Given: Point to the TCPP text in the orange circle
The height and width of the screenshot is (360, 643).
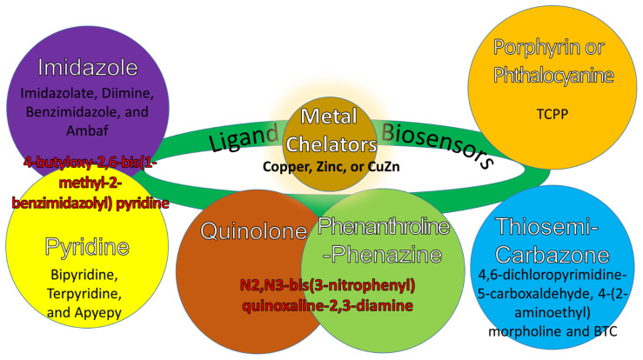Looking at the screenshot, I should pos(553,113).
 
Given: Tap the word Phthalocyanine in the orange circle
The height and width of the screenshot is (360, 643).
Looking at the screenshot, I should pos(554,75).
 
